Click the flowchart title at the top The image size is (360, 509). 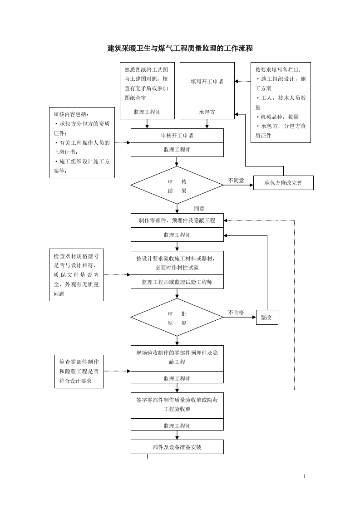[x=180, y=49]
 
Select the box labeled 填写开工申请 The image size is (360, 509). [x=207, y=82]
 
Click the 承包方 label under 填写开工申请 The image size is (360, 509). [x=207, y=112]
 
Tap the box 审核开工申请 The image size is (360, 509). [x=177, y=136]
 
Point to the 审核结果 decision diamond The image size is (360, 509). [x=177, y=186]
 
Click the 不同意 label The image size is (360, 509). [x=236, y=181]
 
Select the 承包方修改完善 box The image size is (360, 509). [x=283, y=183]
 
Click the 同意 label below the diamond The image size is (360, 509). [x=199, y=209]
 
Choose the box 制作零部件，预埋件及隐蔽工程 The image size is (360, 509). [x=177, y=220]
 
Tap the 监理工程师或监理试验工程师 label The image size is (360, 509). [x=177, y=282]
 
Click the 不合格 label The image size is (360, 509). [x=236, y=313]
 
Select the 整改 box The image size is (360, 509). [x=266, y=318]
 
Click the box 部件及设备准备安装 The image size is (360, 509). [x=177, y=447]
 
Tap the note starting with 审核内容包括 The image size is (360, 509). [x=82, y=142]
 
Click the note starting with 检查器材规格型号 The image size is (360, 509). [x=76, y=275]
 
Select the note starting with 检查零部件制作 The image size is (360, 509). [x=79, y=372]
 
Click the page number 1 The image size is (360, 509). [x=305, y=476]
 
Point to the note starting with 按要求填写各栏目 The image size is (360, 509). [x=281, y=103]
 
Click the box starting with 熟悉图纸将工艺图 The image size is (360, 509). [x=147, y=84]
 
